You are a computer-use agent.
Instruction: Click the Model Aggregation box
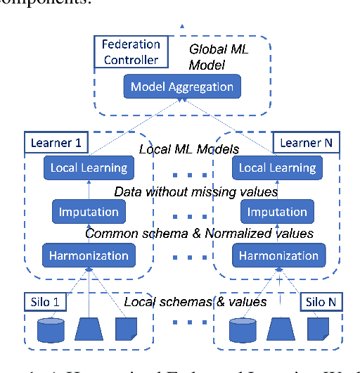182,87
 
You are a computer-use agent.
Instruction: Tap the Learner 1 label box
56,143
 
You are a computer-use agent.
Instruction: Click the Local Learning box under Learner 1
89,167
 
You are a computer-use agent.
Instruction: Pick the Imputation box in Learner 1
89,211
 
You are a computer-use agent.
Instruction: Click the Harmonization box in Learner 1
89,255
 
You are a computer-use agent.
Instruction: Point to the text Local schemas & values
195,302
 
